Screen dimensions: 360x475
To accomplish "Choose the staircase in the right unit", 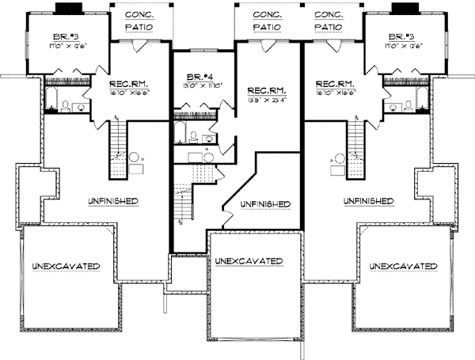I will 355,142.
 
